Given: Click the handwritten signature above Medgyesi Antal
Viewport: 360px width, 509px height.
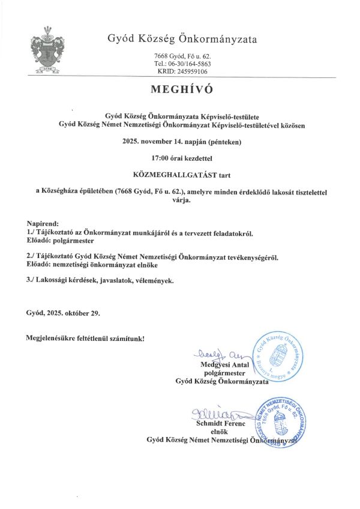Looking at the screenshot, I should click(211, 354).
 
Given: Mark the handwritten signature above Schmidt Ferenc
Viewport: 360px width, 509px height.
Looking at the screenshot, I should click(214, 414).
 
